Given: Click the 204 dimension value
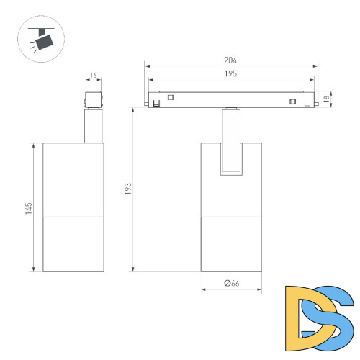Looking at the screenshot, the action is point(230,60).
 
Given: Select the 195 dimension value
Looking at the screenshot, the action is point(230,73).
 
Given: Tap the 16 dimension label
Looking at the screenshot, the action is point(93,76).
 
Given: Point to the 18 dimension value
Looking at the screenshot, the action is point(326,99).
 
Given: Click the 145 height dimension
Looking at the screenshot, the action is point(29,208).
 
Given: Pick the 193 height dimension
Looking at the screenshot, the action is point(128,189).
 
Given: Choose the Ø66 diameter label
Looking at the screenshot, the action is point(232,283).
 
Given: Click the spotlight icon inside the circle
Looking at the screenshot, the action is point(42,39).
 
